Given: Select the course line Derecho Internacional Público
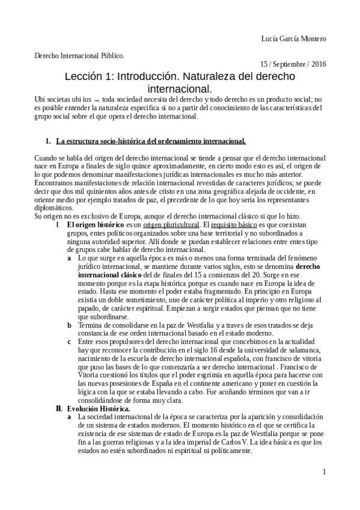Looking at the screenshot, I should [x=78, y=55].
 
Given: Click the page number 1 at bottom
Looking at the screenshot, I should [x=323, y=472].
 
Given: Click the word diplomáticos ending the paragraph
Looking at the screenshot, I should [x=54, y=208].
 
